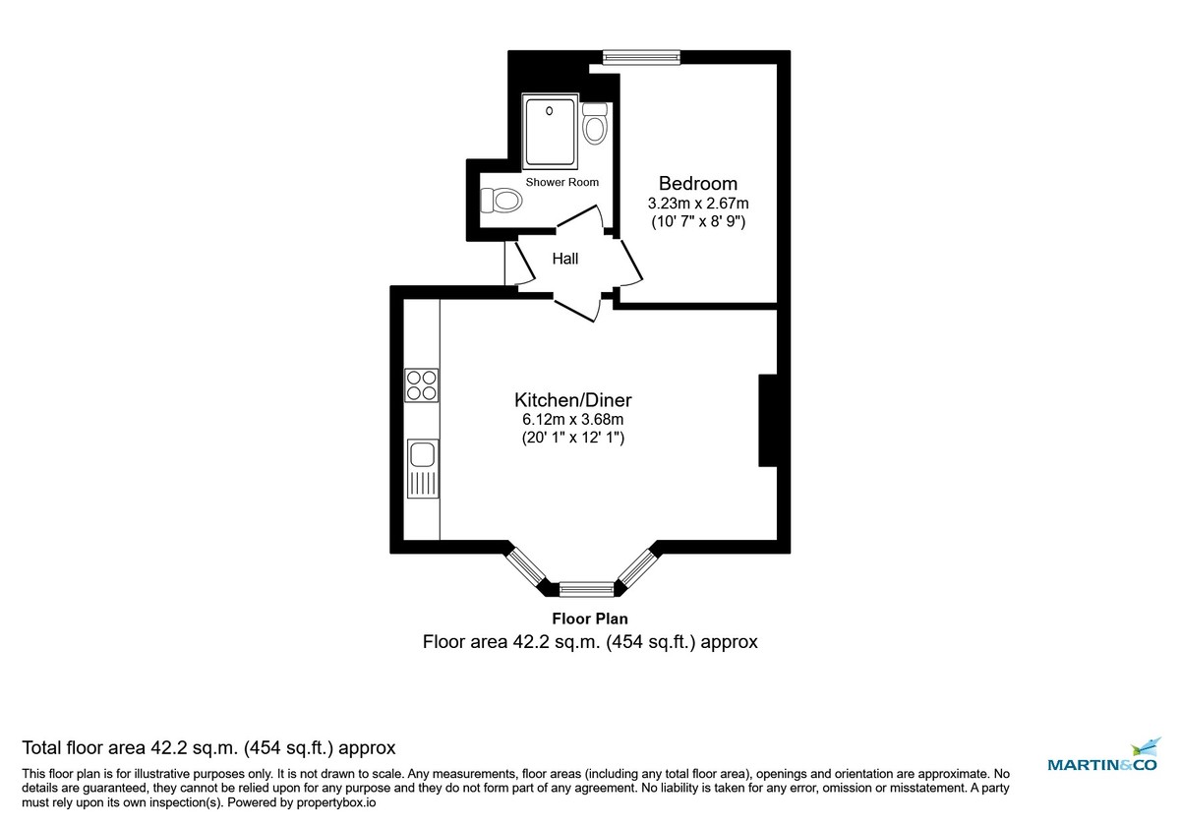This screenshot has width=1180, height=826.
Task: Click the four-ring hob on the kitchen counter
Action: coord(422,384)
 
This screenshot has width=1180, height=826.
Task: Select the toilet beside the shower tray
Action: coord(594,123)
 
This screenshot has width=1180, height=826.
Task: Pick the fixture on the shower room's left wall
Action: coord(501,201)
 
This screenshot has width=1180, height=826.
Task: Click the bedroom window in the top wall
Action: coord(641,57)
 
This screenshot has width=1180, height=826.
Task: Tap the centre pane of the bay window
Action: coord(586,590)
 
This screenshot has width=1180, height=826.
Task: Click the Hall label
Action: coord(564,260)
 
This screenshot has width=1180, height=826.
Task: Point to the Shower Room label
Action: coord(561,183)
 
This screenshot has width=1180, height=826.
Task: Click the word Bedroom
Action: coord(697,184)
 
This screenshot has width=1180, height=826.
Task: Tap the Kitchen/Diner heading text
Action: coord(572,400)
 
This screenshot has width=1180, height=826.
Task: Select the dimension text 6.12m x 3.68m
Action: coord(572,420)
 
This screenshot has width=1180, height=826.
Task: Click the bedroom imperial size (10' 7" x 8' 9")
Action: coord(698,222)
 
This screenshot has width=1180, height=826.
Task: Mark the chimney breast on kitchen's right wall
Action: coord(768,420)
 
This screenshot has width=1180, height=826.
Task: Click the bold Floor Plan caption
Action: coord(589,619)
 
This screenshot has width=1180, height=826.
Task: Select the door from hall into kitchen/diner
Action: coord(577,305)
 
